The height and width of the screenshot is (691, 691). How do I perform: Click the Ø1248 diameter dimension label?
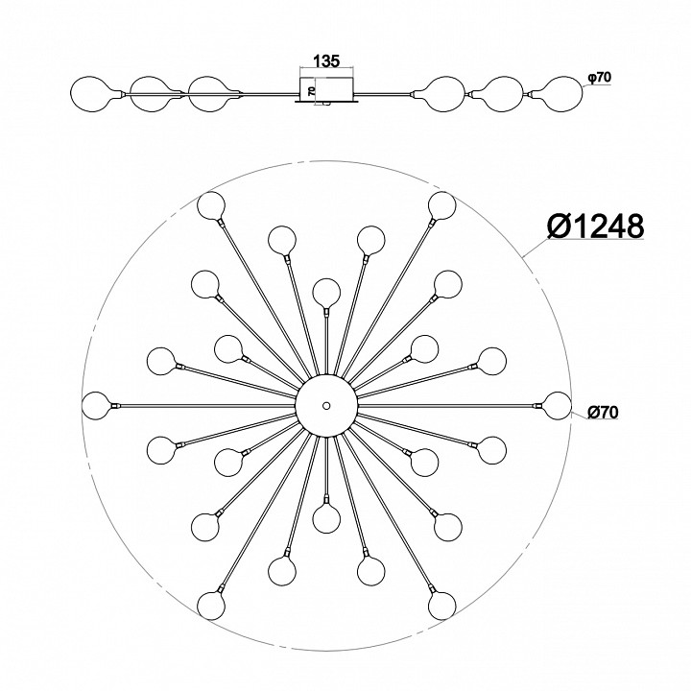595,226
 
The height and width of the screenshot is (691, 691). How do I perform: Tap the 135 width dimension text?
326,61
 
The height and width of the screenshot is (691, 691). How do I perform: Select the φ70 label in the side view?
599,78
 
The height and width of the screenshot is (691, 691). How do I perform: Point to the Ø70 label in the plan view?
603,412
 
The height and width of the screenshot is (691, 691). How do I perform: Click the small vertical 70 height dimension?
311,91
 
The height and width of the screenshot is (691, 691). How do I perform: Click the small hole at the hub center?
326,405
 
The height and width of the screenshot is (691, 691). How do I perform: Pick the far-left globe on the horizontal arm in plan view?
96,405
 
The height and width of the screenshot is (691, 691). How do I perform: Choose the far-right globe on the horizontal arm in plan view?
557,405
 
